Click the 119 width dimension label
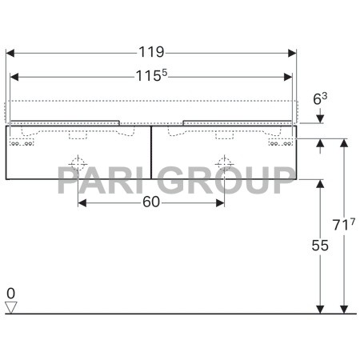pos(152,53)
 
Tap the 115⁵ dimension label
pos(152,77)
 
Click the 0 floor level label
pos(11,293)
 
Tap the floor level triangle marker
pos(11,306)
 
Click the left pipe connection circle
pos(78,165)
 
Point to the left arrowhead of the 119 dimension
pos(10,54)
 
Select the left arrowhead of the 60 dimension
pos(82,203)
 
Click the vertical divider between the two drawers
pos(151,151)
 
